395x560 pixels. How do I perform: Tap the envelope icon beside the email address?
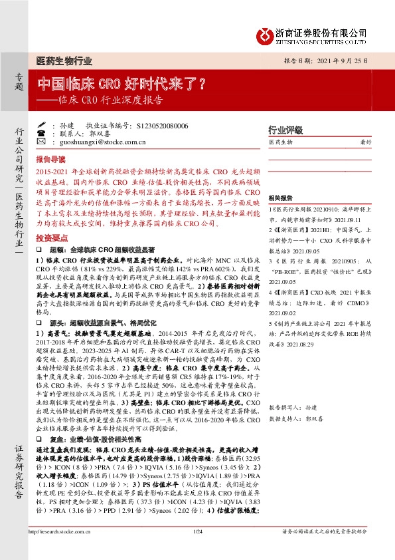coord(41,142)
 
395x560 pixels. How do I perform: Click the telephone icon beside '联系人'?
coord(41,134)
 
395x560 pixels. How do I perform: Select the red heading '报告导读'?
coord(51,160)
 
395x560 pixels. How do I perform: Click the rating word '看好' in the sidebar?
coord(365,142)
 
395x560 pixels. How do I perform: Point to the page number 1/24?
coord(197,549)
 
